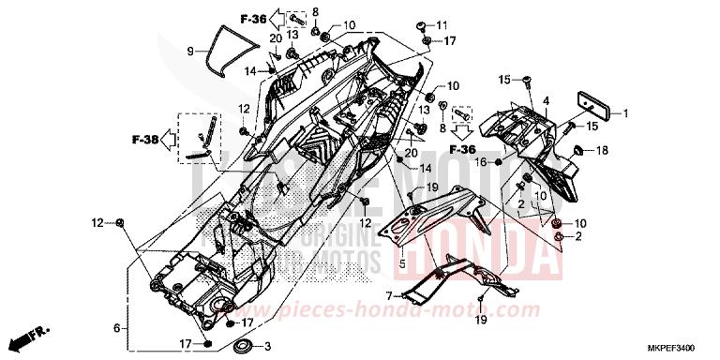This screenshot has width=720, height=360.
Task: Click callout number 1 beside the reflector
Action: (x=627, y=114)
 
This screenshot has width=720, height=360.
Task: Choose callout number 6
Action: (x=117, y=328)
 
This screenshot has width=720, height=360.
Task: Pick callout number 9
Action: (x=189, y=51)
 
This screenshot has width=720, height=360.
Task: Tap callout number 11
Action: (x=444, y=23)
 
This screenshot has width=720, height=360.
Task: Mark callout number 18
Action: (x=602, y=150)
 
